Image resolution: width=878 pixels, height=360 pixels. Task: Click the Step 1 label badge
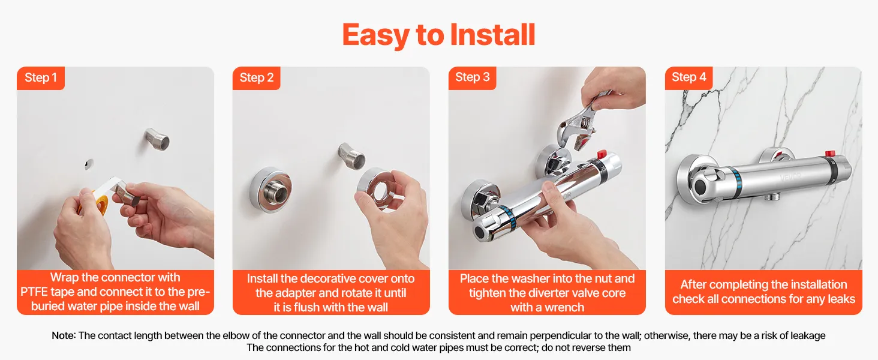point(41,78)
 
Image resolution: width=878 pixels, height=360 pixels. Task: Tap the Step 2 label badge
point(256,78)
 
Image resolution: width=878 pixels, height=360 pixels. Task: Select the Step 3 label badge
point(473,78)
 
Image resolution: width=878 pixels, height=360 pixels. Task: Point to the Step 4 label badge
point(688,78)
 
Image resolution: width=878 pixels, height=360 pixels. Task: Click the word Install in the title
point(493,35)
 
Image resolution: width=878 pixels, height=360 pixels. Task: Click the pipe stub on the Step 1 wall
point(157,139)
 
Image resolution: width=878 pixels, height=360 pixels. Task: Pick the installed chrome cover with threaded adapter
point(270,190)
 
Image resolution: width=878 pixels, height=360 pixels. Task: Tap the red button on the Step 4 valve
point(829,154)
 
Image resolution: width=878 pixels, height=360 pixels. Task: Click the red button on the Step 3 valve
point(602,154)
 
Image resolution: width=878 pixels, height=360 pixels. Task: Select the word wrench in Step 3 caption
point(564,307)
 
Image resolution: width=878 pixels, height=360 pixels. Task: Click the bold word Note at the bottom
point(63,335)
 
